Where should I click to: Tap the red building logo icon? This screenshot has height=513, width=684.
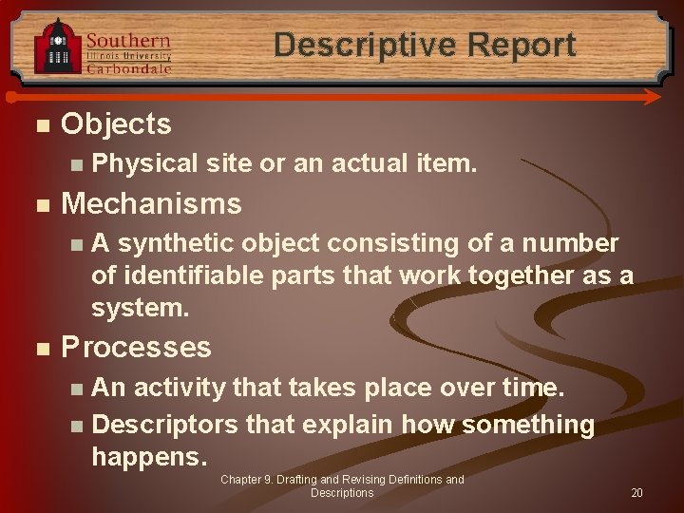[x=57, y=47]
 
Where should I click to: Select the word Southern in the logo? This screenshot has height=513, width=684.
[x=127, y=41]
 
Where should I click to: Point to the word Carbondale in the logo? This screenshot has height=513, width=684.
[x=129, y=68]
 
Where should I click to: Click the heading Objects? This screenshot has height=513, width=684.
[x=116, y=123]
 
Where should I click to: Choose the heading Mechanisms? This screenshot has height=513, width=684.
[x=151, y=203]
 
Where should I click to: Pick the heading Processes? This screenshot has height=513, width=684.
[x=136, y=347]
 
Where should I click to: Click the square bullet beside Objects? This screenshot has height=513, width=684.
[x=38, y=125]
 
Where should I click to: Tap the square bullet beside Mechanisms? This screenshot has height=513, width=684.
[x=38, y=205]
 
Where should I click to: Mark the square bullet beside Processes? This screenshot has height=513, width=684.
[x=38, y=349]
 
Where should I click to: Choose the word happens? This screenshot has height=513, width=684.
[x=148, y=457]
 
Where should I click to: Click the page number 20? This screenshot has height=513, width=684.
[x=636, y=493]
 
